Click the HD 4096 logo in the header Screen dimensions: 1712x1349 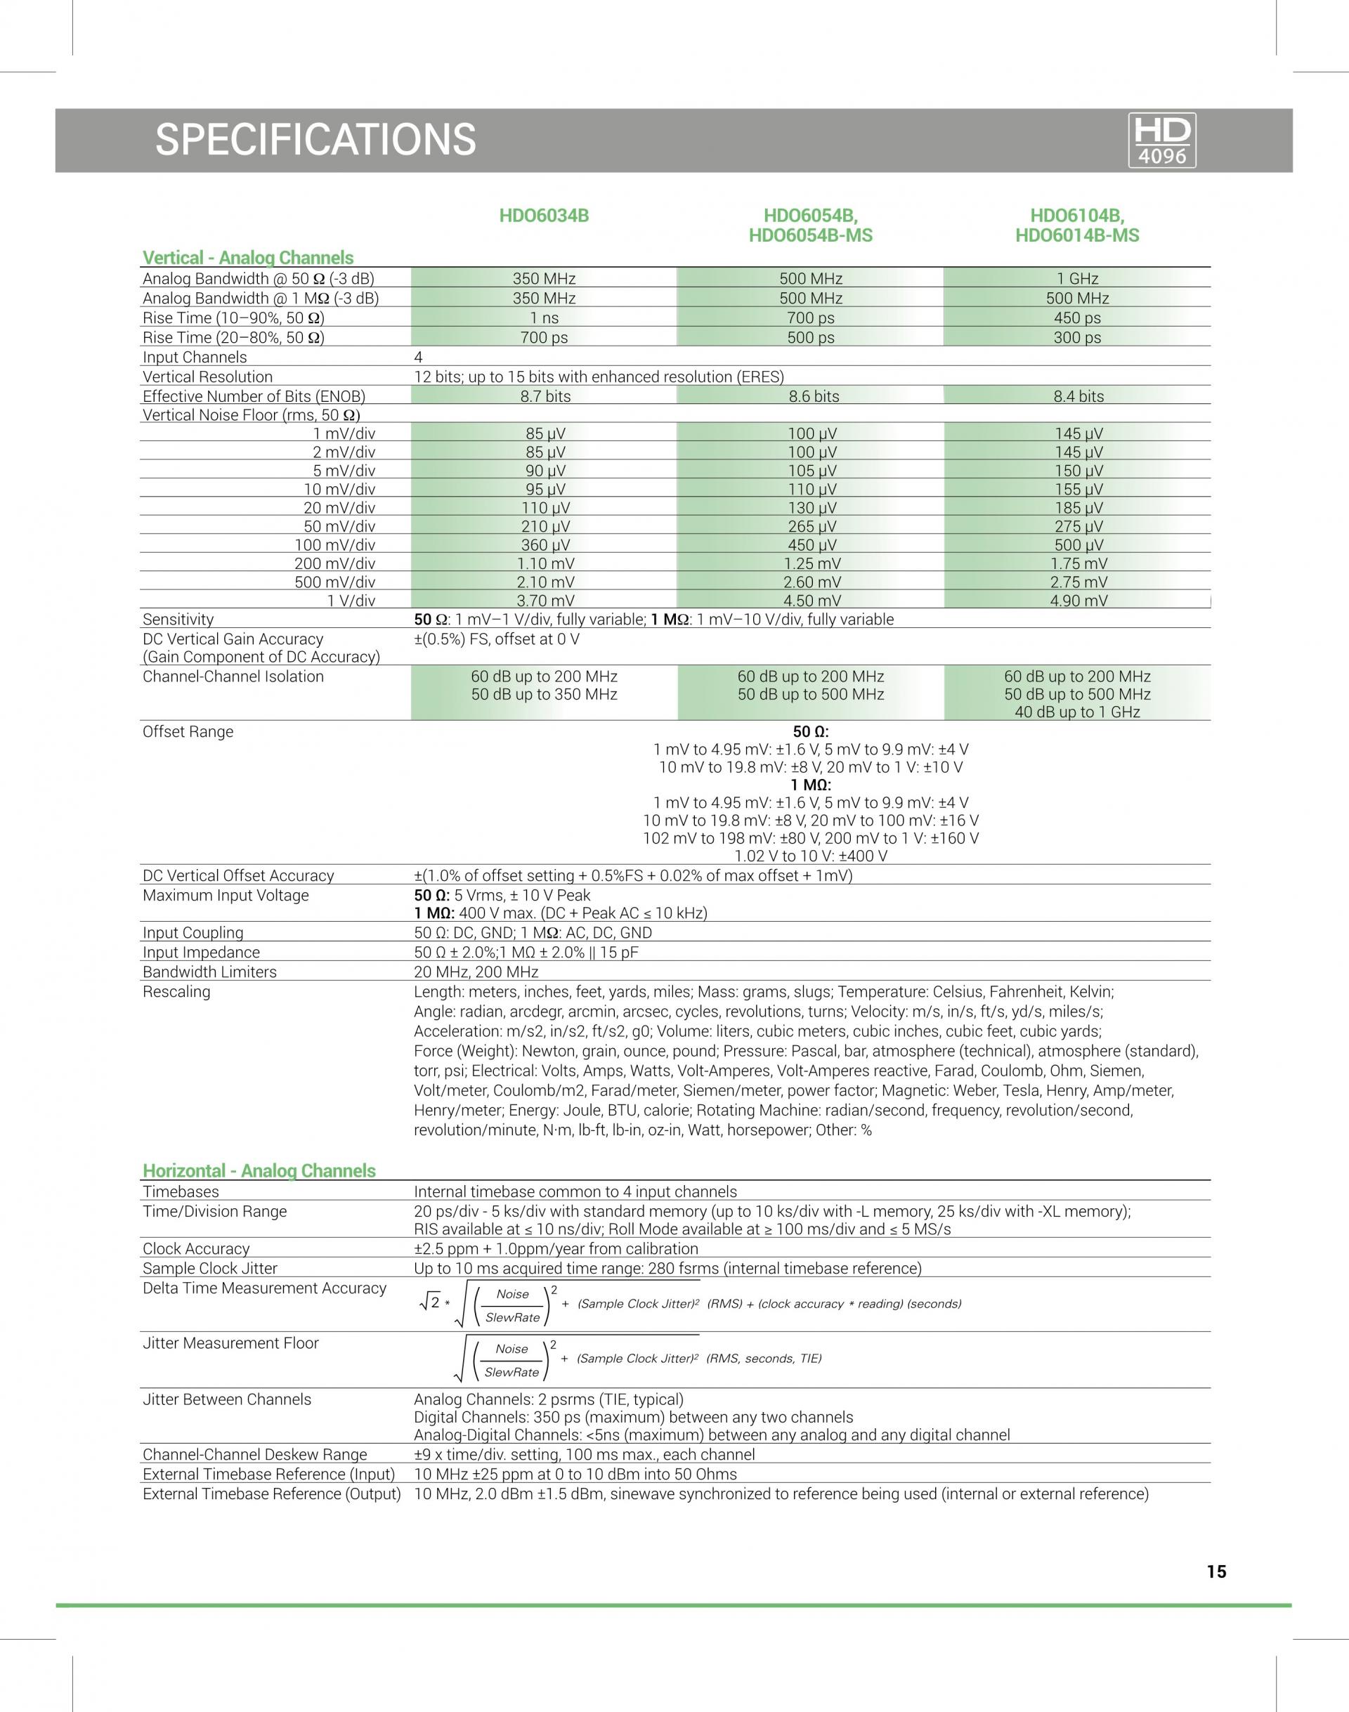pos(1163,140)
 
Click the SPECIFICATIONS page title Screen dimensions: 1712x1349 pos(315,140)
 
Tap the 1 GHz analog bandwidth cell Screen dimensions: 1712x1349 pos(1077,279)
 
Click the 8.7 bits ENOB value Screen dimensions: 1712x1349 pos(545,396)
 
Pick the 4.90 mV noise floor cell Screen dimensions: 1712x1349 pos(1078,600)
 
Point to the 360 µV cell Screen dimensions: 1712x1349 pos(545,545)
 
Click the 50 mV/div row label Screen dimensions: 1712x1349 pos(339,527)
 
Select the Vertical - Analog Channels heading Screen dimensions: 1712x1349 pos(247,257)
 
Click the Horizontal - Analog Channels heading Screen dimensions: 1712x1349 pos(259,1170)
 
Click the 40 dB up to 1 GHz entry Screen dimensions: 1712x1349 pos(1077,712)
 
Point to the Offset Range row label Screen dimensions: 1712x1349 pos(188,731)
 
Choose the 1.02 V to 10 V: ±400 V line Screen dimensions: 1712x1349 pos(810,856)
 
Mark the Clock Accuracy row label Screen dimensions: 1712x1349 pos(196,1248)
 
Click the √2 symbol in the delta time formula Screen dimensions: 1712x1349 pos(432,1304)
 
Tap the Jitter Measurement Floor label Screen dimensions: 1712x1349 pos(230,1343)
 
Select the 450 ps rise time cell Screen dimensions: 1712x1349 pos(1077,318)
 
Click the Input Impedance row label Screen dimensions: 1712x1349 pos(201,953)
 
